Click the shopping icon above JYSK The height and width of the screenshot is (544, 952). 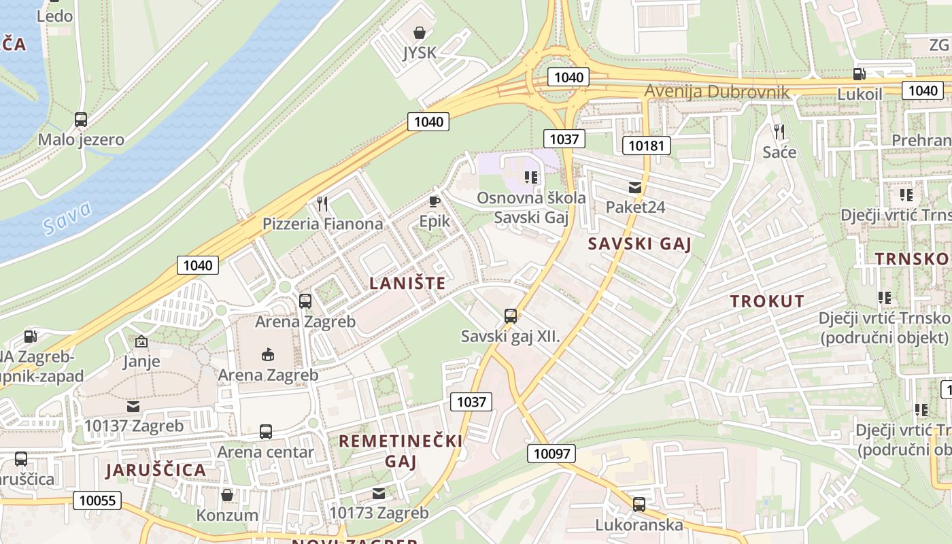coord(420,32)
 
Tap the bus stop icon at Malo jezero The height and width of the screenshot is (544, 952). coord(81,120)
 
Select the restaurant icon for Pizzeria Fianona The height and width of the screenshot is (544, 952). coord(322,203)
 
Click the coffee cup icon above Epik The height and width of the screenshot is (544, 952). coord(435,201)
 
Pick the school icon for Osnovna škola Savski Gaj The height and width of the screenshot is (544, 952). coord(531,177)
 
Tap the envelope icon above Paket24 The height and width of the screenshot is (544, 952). coord(634,188)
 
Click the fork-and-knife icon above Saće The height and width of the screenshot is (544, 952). coord(779,131)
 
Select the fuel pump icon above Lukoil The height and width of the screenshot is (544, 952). coord(860,74)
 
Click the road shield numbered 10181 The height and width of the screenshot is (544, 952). coord(646,145)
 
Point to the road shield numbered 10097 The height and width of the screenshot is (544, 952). coord(551,454)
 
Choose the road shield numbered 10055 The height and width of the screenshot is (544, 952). coord(97,501)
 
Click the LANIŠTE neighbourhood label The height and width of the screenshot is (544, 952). coord(407,284)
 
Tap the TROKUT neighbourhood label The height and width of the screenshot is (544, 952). coord(767,301)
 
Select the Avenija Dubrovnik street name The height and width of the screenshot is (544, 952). coord(717,92)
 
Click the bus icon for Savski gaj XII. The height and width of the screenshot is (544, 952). coord(510,316)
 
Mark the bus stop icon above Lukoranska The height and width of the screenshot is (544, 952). coord(639,505)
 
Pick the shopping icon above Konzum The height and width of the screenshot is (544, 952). coord(227,494)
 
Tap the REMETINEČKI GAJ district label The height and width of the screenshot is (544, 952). coord(401,451)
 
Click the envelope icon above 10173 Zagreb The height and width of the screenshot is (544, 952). coord(379,494)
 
